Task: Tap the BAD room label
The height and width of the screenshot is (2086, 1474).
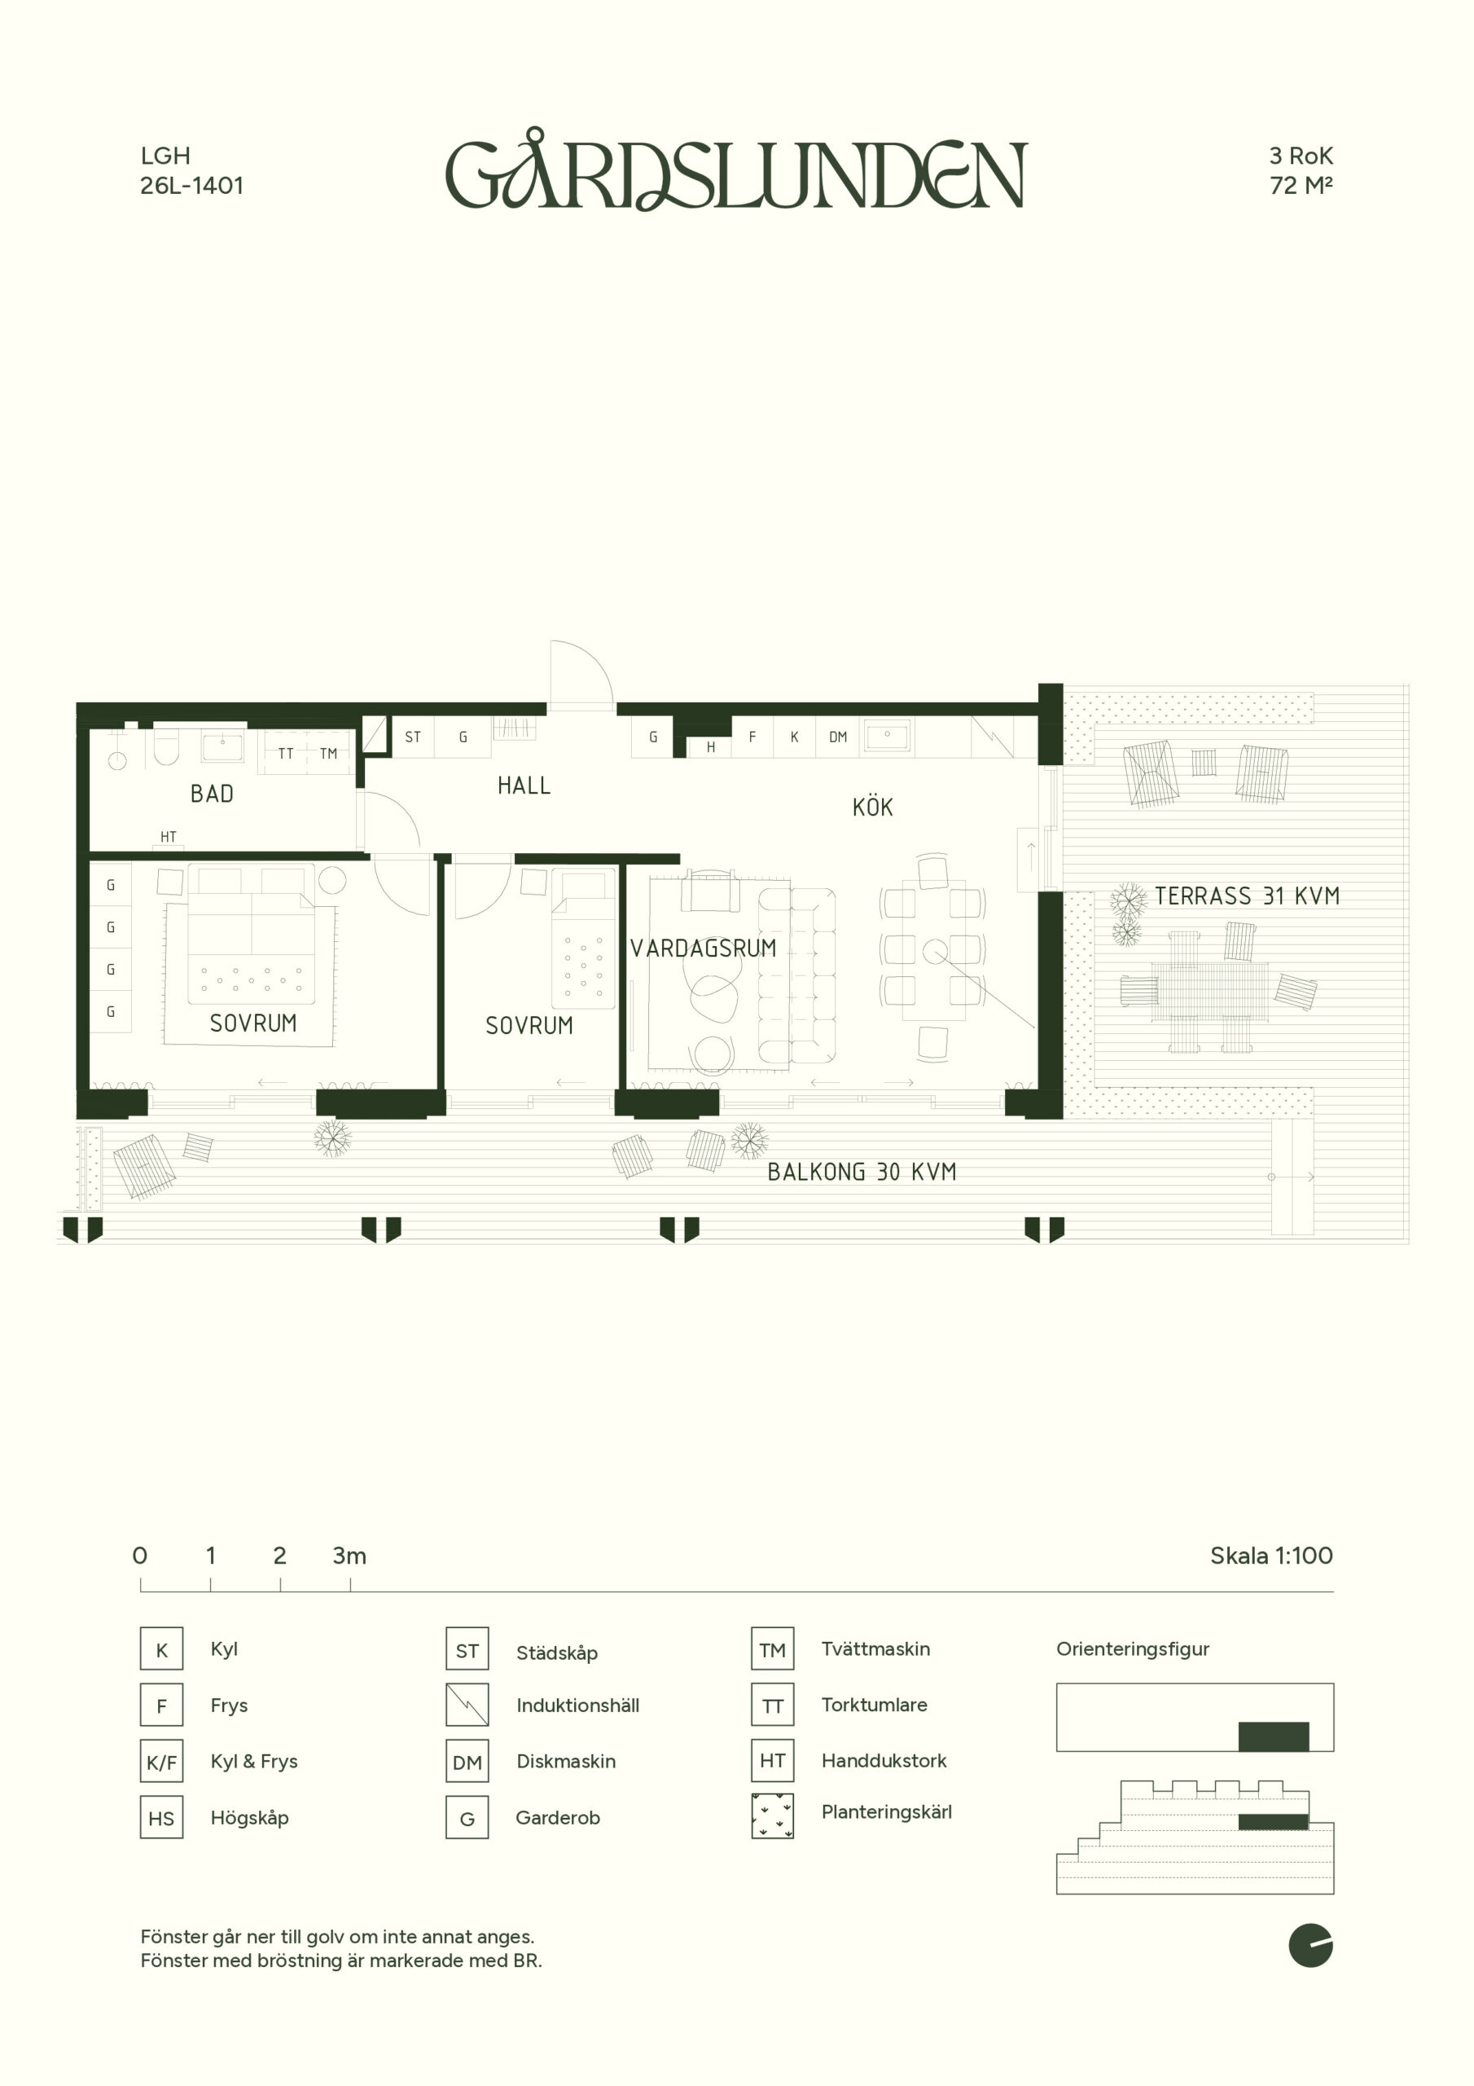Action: point(212,794)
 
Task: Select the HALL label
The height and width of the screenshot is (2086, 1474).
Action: point(524,786)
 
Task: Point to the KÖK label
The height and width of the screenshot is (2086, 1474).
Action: point(873,806)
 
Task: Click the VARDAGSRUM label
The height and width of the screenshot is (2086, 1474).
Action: point(704,948)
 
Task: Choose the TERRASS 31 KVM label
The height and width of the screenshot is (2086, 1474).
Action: point(1247,896)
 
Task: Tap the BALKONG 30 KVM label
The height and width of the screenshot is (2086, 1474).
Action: point(862,1172)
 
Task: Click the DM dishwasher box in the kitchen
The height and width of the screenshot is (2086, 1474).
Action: point(837,737)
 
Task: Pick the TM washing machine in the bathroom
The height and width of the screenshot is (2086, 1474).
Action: point(328,753)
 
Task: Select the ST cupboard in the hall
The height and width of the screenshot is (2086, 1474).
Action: point(413,737)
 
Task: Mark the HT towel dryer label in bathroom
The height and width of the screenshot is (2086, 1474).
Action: point(168,837)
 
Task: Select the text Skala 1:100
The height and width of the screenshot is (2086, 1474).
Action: point(1270,1556)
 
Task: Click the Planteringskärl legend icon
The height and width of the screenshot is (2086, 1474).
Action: point(772,1815)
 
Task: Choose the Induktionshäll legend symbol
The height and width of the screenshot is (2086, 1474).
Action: point(467,1705)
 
